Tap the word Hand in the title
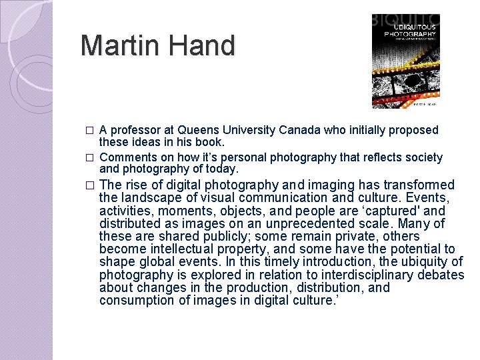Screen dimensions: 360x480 (x=199, y=46)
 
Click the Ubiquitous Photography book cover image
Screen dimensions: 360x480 (x=405, y=61)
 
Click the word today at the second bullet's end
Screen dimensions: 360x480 (x=222, y=169)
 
